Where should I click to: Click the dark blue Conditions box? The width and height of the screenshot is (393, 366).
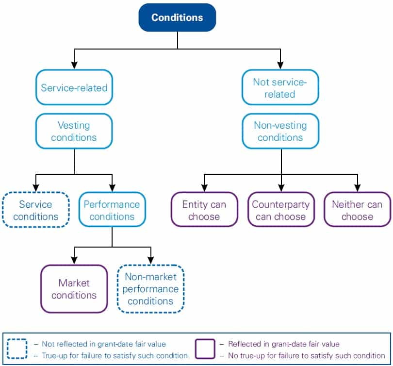point(177,17)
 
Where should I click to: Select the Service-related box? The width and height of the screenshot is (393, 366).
point(74,88)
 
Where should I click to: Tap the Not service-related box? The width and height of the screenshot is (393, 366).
point(280,88)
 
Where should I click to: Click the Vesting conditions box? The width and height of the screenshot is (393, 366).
point(74,131)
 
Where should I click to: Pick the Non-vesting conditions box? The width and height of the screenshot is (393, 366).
point(280,131)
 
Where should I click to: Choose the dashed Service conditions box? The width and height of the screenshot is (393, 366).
point(35,210)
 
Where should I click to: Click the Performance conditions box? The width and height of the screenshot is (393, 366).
point(112,210)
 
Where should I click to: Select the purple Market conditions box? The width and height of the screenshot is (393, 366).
point(74,289)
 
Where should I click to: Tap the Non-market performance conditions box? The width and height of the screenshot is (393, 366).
point(150,289)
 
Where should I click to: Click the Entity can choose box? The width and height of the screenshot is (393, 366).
point(204,210)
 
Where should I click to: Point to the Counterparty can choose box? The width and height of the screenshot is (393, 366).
point(280,210)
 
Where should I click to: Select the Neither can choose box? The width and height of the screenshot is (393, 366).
point(357,210)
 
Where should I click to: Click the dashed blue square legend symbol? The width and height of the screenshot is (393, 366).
point(17,349)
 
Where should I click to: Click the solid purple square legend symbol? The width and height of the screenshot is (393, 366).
point(205,349)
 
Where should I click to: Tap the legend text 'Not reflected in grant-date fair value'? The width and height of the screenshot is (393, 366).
point(103,344)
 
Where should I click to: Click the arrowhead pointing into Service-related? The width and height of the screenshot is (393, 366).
point(74,65)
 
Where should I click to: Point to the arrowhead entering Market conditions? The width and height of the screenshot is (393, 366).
point(74,260)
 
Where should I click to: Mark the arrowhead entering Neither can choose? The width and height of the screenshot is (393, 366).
point(357,188)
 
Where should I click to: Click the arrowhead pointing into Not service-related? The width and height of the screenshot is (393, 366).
point(280,65)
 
